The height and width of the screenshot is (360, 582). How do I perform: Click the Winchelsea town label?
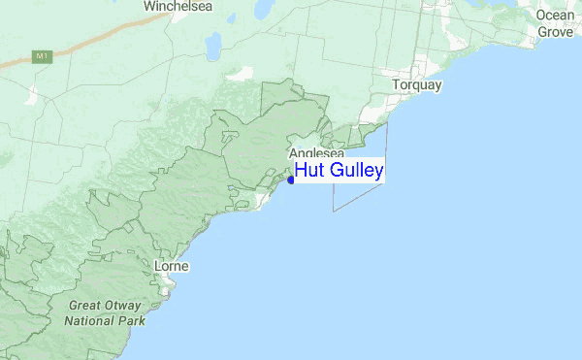[x=178, y=7]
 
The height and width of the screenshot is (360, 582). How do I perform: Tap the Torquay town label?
[x=417, y=85]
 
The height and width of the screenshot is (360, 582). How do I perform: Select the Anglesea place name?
[x=316, y=153]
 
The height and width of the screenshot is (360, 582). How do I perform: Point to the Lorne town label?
[x=172, y=266]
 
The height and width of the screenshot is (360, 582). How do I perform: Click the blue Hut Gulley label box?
[x=339, y=171]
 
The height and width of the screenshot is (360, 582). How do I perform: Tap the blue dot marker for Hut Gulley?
[x=291, y=180]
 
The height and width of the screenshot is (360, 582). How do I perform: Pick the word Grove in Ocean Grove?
[x=557, y=32]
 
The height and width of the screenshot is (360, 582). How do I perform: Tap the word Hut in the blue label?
[x=309, y=171]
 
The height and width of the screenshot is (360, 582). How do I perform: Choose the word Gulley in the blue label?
[x=355, y=172]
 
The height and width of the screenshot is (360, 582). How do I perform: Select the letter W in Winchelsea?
[x=150, y=7]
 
